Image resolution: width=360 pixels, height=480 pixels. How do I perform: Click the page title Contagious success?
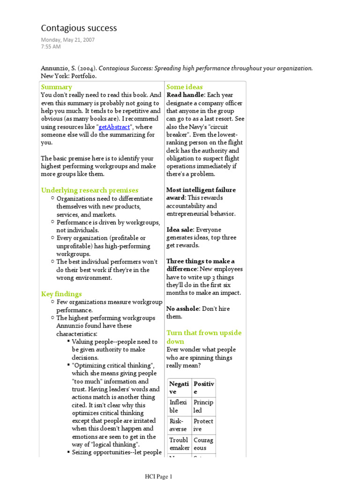(x=79, y=28)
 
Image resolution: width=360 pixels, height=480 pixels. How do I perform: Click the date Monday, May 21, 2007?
(x=67, y=40)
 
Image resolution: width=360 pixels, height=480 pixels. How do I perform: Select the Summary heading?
(x=56, y=87)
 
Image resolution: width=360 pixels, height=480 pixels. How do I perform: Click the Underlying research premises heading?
(x=90, y=190)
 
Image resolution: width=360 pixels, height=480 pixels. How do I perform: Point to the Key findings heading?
(x=61, y=294)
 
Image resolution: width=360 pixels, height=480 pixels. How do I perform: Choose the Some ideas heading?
(x=185, y=87)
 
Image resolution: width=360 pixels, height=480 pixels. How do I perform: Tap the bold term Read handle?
(x=185, y=95)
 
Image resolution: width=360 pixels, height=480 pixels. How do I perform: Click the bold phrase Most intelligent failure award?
(x=201, y=194)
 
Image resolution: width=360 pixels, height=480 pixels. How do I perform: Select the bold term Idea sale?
(x=180, y=230)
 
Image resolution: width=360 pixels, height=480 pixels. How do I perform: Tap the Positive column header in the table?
(x=203, y=388)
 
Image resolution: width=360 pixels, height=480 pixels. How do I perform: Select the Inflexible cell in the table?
(x=178, y=406)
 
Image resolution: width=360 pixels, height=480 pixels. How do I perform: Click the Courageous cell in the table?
(x=203, y=444)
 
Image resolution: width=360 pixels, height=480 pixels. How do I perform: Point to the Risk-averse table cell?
(x=178, y=425)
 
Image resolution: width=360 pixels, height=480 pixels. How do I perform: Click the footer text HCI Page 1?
(x=158, y=477)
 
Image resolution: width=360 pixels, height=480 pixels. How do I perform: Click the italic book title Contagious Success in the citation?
(x=126, y=68)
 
